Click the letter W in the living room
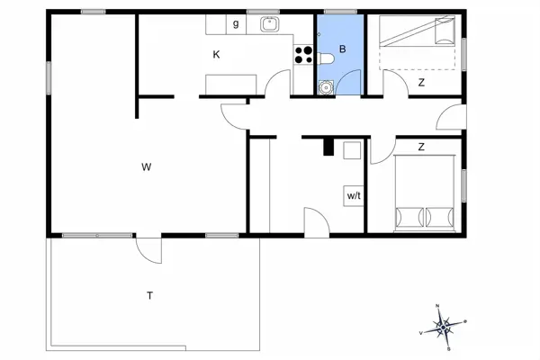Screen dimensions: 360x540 (145, 166)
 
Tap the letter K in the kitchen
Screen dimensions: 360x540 (216, 55)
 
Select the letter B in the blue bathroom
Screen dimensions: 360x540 (342, 50)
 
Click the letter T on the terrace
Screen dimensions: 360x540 (149, 295)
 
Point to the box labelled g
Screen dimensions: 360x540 (236, 24)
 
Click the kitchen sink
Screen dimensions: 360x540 (267, 24)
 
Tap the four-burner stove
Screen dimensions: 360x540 (303, 55)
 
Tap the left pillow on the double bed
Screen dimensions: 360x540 (409, 217)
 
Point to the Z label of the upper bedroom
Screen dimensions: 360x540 (420, 83)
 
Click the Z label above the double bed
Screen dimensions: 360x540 (420, 146)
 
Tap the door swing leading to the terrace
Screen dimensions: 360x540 (148, 247)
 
